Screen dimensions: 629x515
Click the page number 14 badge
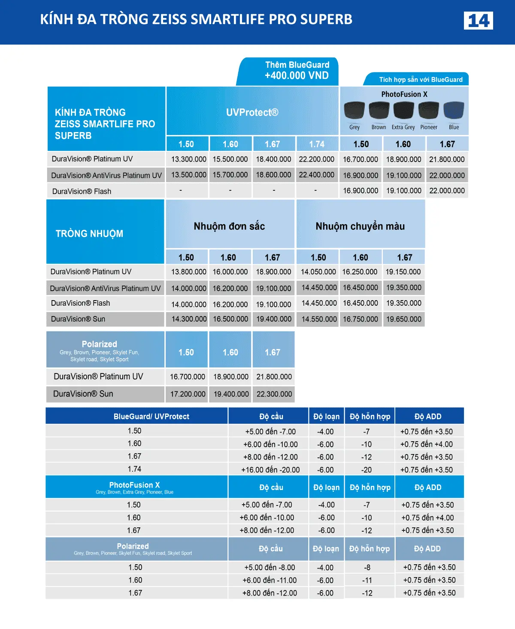point(478,21)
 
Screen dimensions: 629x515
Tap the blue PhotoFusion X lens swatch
point(454,111)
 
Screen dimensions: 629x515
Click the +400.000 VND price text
point(297,76)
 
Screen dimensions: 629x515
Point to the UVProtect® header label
point(252,112)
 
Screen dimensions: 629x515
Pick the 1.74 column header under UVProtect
point(317,144)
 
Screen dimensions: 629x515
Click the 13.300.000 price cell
point(188,159)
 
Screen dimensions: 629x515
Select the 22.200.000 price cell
point(316,159)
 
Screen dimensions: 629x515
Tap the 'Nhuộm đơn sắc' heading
point(229,226)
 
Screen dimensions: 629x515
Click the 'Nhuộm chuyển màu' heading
point(360,226)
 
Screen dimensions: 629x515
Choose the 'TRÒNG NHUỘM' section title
point(89,234)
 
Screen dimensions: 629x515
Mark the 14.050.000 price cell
point(318,272)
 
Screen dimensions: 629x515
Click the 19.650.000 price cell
point(403,319)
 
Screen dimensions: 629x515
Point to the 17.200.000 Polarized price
point(188,394)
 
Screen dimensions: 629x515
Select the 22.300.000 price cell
point(274,394)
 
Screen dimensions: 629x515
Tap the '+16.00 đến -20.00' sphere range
point(270,470)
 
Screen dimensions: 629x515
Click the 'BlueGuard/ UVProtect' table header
point(151,416)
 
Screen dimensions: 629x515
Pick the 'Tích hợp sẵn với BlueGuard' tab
point(421,80)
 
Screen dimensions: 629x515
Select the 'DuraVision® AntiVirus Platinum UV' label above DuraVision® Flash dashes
point(106,175)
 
